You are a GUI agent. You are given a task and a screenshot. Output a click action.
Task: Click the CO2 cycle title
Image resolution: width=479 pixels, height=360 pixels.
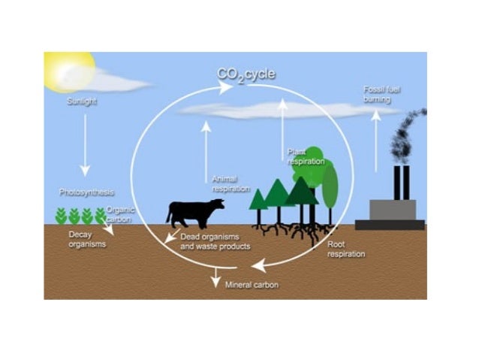(246, 74)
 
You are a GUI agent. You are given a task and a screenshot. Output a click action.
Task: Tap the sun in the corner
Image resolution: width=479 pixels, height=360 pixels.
(67, 69)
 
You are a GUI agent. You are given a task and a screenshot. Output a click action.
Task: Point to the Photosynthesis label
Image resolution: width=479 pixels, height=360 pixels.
(86, 192)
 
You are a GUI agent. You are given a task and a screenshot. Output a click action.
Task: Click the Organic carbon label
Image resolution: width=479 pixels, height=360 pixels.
(120, 216)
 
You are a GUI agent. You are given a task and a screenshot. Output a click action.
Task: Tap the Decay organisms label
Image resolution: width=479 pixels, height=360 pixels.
(85, 239)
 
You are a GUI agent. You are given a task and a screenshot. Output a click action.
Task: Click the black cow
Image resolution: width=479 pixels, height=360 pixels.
(193, 213)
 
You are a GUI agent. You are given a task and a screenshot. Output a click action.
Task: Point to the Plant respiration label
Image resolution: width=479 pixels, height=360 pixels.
(306, 156)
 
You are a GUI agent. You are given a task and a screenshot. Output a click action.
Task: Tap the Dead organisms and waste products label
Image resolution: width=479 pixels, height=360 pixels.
(215, 241)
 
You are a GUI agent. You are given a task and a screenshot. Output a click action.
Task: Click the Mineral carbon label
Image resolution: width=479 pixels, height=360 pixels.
(252, 285)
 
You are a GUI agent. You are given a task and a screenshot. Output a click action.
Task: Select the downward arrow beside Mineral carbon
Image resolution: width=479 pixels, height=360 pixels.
(216, 277)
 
